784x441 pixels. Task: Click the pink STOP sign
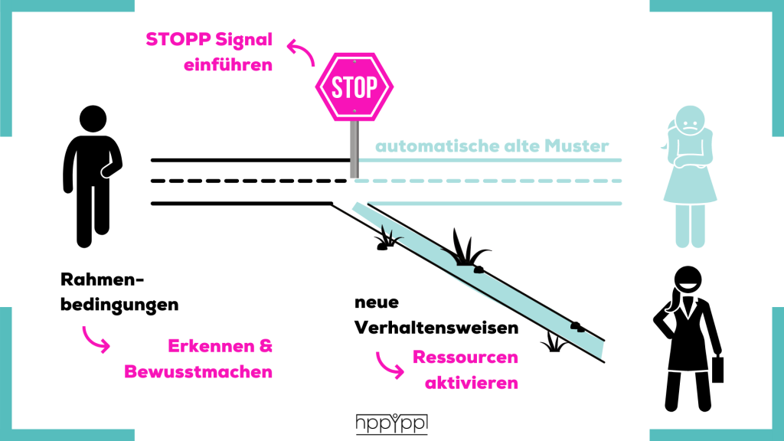click(x=354, y=87)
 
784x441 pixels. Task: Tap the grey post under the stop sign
click(x=354, y=149)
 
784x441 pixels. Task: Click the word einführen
click(x=228, y=65)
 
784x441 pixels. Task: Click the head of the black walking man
click(x=93, y=119)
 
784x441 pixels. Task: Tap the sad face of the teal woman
click(x=690, y=120)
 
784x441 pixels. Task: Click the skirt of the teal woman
click(x=690, y=185)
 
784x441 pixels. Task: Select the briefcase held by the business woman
click(x=717, y=369)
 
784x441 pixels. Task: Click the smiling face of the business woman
click(x=688, y=280)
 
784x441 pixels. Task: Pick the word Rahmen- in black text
click(x=102, y=279)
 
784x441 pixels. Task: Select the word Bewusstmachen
click(x=198, y=372)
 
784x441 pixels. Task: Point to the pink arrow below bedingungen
click(x=96, y=340)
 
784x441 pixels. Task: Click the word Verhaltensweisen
click(x=436, y=328)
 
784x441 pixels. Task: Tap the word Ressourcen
click(x=465, y=358)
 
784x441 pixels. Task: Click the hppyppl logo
click(x=392, y=424)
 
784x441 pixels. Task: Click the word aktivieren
click(x=472, y=383)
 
